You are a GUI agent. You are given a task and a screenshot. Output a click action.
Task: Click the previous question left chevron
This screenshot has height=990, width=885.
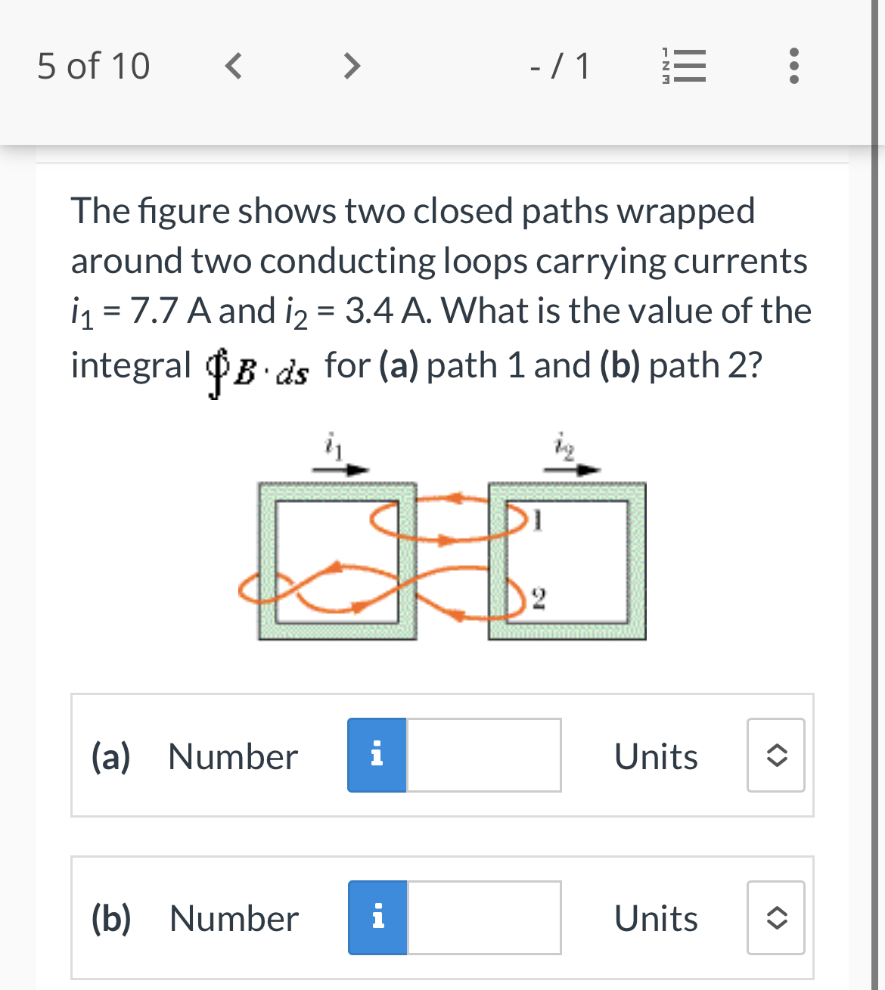coord(234,66)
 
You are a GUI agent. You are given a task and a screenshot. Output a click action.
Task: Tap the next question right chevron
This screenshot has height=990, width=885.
coord(351,66)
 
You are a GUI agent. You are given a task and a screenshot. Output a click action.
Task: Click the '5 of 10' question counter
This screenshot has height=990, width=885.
coord(94,66)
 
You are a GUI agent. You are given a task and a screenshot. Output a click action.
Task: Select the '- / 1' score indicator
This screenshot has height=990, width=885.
coord(560,66)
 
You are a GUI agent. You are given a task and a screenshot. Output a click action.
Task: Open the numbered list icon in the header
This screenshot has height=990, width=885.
coord(684,67)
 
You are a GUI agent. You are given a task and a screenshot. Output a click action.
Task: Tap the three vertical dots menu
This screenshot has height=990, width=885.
coord(793,67)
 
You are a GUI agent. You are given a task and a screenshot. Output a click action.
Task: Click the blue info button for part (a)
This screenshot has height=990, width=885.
coord(377,755)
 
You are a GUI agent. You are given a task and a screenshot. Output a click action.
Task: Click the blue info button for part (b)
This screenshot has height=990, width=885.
coord(377,917)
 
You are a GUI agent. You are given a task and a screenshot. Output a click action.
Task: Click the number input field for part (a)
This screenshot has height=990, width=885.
coord(484,755)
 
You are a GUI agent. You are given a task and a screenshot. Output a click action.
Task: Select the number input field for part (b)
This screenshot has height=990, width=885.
coord(484,917)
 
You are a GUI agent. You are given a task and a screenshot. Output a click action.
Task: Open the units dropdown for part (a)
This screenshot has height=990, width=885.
coord(776,755)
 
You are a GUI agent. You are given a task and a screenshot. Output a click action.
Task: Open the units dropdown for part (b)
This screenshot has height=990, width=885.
coord(776,917)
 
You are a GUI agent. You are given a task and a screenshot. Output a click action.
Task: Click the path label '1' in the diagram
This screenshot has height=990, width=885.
coord(537,520)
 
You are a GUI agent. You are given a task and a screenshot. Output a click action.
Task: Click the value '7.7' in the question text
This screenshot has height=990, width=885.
coord(154,311)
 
